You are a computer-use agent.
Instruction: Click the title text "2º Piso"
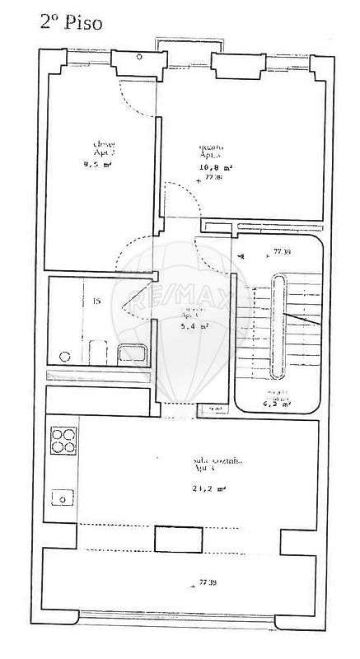tap(72, 22)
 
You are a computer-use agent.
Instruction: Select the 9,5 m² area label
tap(97, 164)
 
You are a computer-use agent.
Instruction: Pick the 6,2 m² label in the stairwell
tap(276, 404)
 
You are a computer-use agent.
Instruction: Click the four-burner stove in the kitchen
tap(63, 443)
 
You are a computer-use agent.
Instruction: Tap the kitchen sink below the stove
tap(63, 498)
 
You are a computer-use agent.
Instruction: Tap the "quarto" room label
tap(211, 148)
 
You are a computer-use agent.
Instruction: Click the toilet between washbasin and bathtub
tap(97, 353)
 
